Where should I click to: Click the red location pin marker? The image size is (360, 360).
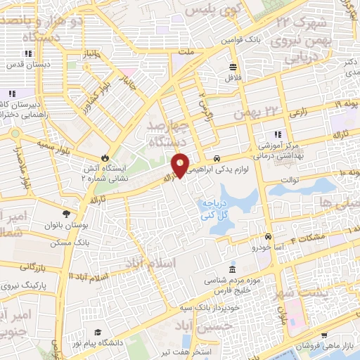(x=180, y=165)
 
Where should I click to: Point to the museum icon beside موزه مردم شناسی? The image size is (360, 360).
(x=232, y=271)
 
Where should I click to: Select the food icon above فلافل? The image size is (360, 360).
(x=232, y=67)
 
